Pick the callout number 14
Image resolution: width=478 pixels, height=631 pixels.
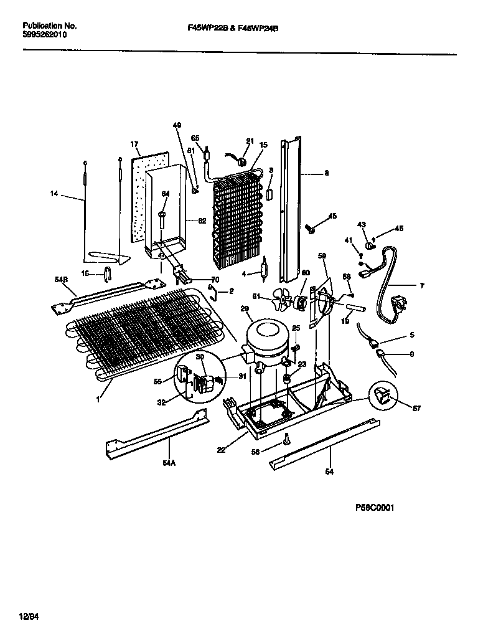54,194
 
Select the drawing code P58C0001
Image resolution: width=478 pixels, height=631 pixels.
375,508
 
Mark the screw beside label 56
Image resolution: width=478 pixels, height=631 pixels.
286,440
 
